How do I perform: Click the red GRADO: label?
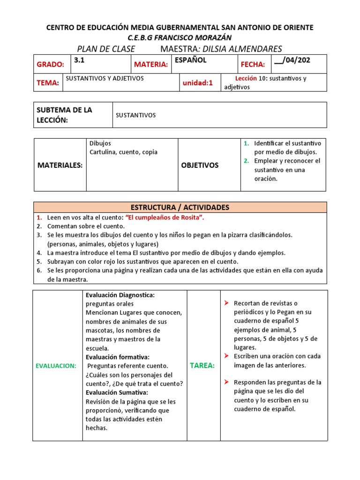(50, 64)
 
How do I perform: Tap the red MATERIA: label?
(150, 64)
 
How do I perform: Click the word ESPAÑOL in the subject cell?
(190, 60)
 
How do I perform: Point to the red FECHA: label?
(253, 64)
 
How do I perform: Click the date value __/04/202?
(292, 60)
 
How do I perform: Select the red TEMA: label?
(48, 83)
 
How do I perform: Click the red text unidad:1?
(197, 83)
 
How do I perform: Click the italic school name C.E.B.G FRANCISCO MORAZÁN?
(180, 37)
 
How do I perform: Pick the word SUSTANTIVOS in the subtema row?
(135, 115)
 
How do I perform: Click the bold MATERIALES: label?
(60, 165)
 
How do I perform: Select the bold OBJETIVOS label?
(200, 165)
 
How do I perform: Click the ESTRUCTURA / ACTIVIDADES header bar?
(180, 207)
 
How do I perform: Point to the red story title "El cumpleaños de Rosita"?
(164, 217)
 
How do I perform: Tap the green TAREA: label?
(202, 366)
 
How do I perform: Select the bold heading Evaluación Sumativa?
(117, 392)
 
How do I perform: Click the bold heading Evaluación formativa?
(117, 357)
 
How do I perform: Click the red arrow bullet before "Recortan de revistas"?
(226, 303)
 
